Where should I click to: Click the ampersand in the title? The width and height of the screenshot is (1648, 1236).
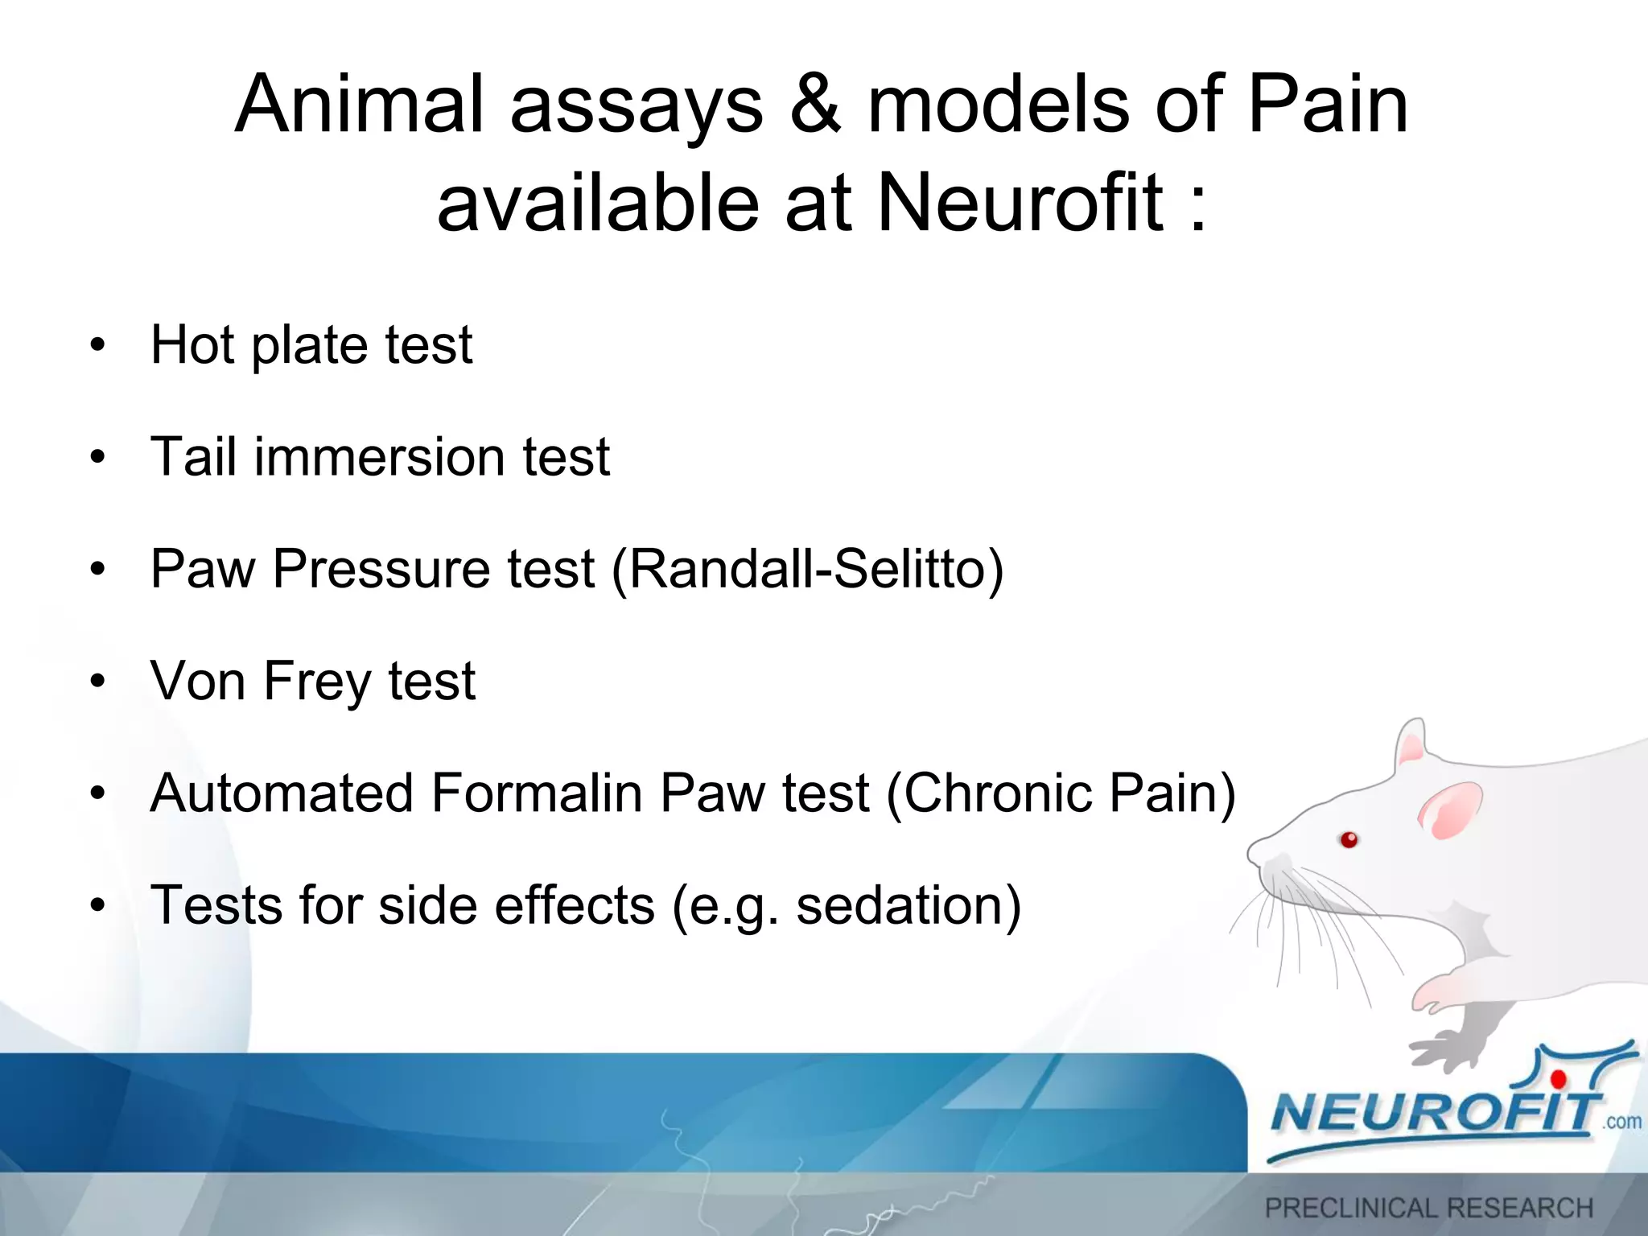coord(815,105)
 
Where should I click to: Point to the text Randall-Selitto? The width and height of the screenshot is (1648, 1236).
coord(807,569)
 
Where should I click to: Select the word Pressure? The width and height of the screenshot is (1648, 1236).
coord(381,569)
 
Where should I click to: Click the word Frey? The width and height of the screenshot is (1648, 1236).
coord(316,681)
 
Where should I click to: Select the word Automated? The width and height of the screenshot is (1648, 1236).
coord(281,793)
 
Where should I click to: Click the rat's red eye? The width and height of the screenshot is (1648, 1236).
coord(1349,840)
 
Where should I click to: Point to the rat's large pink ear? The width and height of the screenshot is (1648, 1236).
coord(1450,810)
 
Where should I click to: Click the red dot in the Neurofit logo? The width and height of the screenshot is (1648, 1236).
coord(1559,1079)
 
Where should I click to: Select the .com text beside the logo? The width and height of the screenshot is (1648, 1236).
coord(1621,1122)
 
